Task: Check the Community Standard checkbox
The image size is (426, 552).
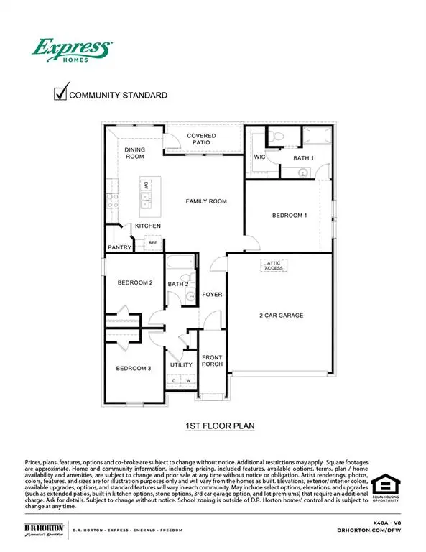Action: coord(62,93)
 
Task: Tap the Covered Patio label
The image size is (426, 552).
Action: coord(202,139)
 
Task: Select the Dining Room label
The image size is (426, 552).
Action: coord(135,153)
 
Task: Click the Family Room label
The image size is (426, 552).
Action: coord(206,201)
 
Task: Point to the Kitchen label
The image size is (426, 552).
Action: coord(148,226)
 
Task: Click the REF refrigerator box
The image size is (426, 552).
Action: coord(152,243)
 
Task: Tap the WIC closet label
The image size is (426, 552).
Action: coord(260,157)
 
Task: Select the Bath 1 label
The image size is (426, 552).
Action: coord(304,157)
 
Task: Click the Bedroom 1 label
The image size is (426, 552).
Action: coord(290,215)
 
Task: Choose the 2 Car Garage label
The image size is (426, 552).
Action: coord(282,315)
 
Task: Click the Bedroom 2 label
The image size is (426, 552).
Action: coord(135,282)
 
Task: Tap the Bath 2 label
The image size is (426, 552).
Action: coord(177,285)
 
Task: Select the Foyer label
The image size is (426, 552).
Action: coord(212,295)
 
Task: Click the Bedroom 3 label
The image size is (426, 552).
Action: coord(134,369)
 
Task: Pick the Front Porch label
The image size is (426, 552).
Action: coord(212,361)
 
